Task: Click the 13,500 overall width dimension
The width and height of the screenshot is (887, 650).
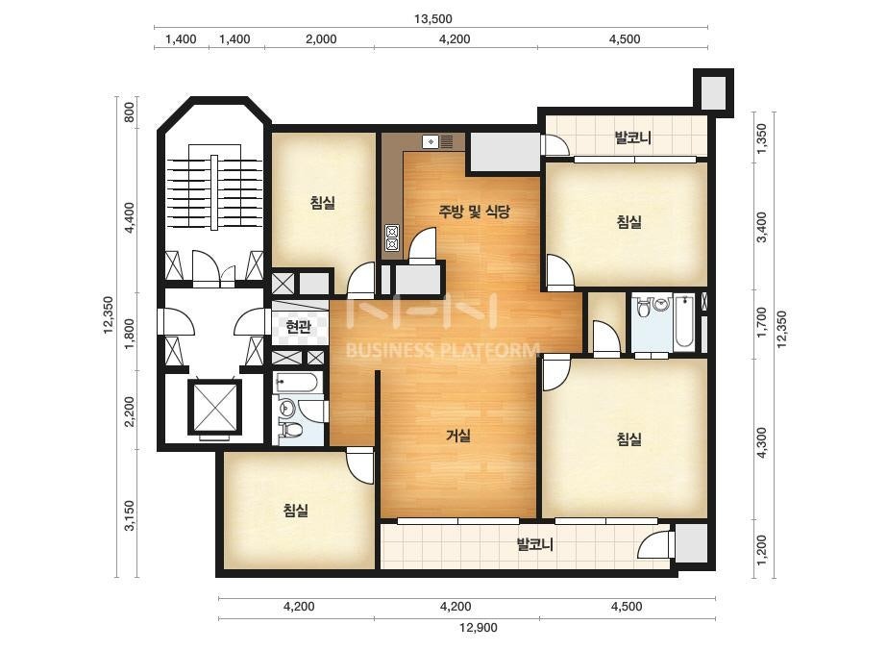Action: (432, 18)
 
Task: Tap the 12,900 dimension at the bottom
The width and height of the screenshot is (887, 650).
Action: (478, 627)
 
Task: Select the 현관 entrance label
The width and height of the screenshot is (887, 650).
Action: (299, 327)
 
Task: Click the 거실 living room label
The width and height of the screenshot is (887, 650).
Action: (458, 436)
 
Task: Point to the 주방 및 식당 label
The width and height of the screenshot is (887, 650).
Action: (475, 212)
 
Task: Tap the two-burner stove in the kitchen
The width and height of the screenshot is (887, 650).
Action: (392, 237)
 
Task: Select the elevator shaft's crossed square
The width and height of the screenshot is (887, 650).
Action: (215, 407)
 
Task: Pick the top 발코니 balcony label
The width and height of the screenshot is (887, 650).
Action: (633, 137)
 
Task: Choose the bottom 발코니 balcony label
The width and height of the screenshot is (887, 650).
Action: (535, 544)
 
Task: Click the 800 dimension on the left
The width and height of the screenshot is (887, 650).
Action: (130, 112)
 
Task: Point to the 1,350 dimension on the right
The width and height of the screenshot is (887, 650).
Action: (762, 138)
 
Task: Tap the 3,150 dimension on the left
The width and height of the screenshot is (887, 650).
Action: (130, 515)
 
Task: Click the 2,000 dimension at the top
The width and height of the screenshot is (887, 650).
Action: (321, 39)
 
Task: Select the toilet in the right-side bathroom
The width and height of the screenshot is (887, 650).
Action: (643, 309)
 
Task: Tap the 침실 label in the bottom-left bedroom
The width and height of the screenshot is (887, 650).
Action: (296, 511)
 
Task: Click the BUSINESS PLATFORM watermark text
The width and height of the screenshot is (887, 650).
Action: (442, 350)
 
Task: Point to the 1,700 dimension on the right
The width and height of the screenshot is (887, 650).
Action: (762, 323)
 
